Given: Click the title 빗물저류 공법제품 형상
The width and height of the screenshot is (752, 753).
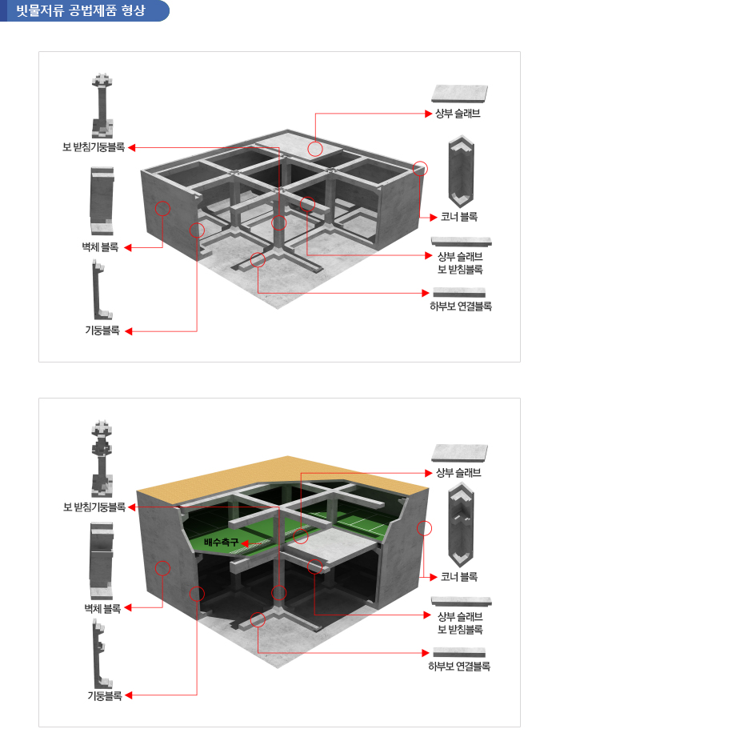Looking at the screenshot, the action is coord(81,10).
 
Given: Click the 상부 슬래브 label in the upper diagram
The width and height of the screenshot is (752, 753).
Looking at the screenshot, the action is coord(458,114).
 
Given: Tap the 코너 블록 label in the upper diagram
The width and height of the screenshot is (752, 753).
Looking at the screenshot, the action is coord(459,217).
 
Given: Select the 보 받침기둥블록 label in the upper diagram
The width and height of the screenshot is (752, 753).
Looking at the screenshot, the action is coord(94,147).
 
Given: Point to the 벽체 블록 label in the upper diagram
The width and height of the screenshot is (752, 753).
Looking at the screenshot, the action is coord(100,247).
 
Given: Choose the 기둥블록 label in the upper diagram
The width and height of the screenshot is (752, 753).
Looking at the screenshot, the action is coord(102,330).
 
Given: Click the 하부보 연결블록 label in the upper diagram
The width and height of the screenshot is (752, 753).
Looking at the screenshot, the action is coord(461,306).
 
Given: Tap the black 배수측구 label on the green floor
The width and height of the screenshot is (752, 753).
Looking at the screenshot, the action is coord(221,543).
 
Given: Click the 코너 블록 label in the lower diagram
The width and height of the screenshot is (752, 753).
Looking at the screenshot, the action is coord(459,577).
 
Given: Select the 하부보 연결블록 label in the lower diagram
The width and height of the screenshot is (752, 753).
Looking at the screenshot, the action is coord(459,666).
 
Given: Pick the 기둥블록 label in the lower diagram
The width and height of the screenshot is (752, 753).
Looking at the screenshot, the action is coord(105,695).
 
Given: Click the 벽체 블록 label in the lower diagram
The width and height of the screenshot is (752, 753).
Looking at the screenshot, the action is coord(102,608).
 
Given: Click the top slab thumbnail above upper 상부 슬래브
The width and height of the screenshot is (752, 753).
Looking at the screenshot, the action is coord(459,93).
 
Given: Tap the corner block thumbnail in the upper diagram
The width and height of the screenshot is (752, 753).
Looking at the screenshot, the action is coord(461,171).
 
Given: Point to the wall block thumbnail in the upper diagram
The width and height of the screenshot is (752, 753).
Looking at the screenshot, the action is coord(102,201).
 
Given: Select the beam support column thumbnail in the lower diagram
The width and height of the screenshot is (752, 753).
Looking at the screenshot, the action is coord(102,459).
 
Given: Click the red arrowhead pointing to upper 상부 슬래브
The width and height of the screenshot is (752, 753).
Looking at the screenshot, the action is coord(429,114).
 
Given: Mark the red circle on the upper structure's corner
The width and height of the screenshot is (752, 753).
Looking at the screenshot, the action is coord(420,169).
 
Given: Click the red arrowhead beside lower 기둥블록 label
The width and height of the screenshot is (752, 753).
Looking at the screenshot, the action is coord(129,695).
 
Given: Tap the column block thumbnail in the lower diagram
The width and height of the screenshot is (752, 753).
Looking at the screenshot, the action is coord(102,654).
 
